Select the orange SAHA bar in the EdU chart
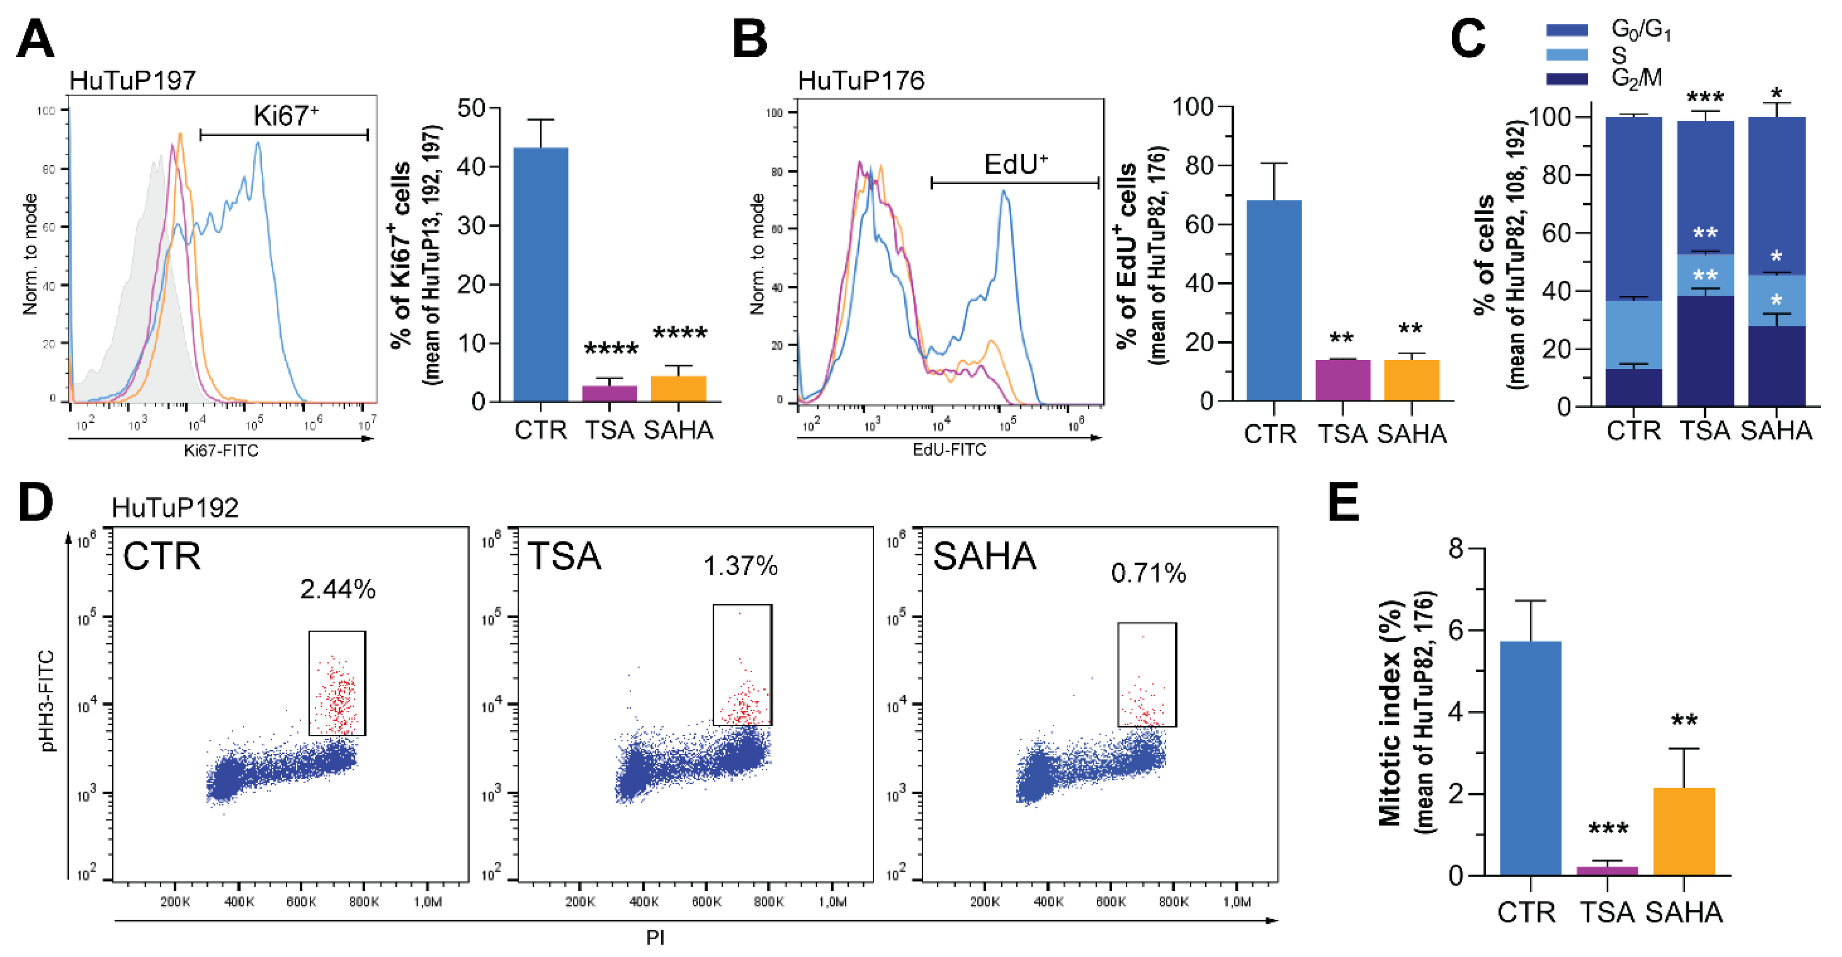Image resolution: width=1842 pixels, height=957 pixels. (1411, 380)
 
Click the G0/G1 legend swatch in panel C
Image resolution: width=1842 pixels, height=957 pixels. (1567, 30)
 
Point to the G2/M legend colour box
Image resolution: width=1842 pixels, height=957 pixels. (1567, 78)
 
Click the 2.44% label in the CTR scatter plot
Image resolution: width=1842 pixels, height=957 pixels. (338, 590)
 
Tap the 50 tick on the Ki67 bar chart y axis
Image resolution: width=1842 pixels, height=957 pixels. (471, 108)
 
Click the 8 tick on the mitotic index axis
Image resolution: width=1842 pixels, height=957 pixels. (1456, 549)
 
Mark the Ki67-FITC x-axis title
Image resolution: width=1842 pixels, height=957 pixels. (221, 450)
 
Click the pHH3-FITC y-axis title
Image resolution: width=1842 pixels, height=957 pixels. (47, 700)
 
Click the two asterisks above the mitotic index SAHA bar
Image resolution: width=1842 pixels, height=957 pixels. (1684, 721)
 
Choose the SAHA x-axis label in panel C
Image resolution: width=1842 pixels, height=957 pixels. (1776, 431)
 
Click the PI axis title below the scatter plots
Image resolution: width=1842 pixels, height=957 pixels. (655, 938)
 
